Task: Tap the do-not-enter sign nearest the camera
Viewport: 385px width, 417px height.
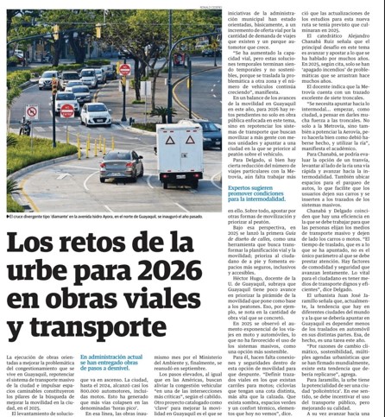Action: (66, 111)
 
